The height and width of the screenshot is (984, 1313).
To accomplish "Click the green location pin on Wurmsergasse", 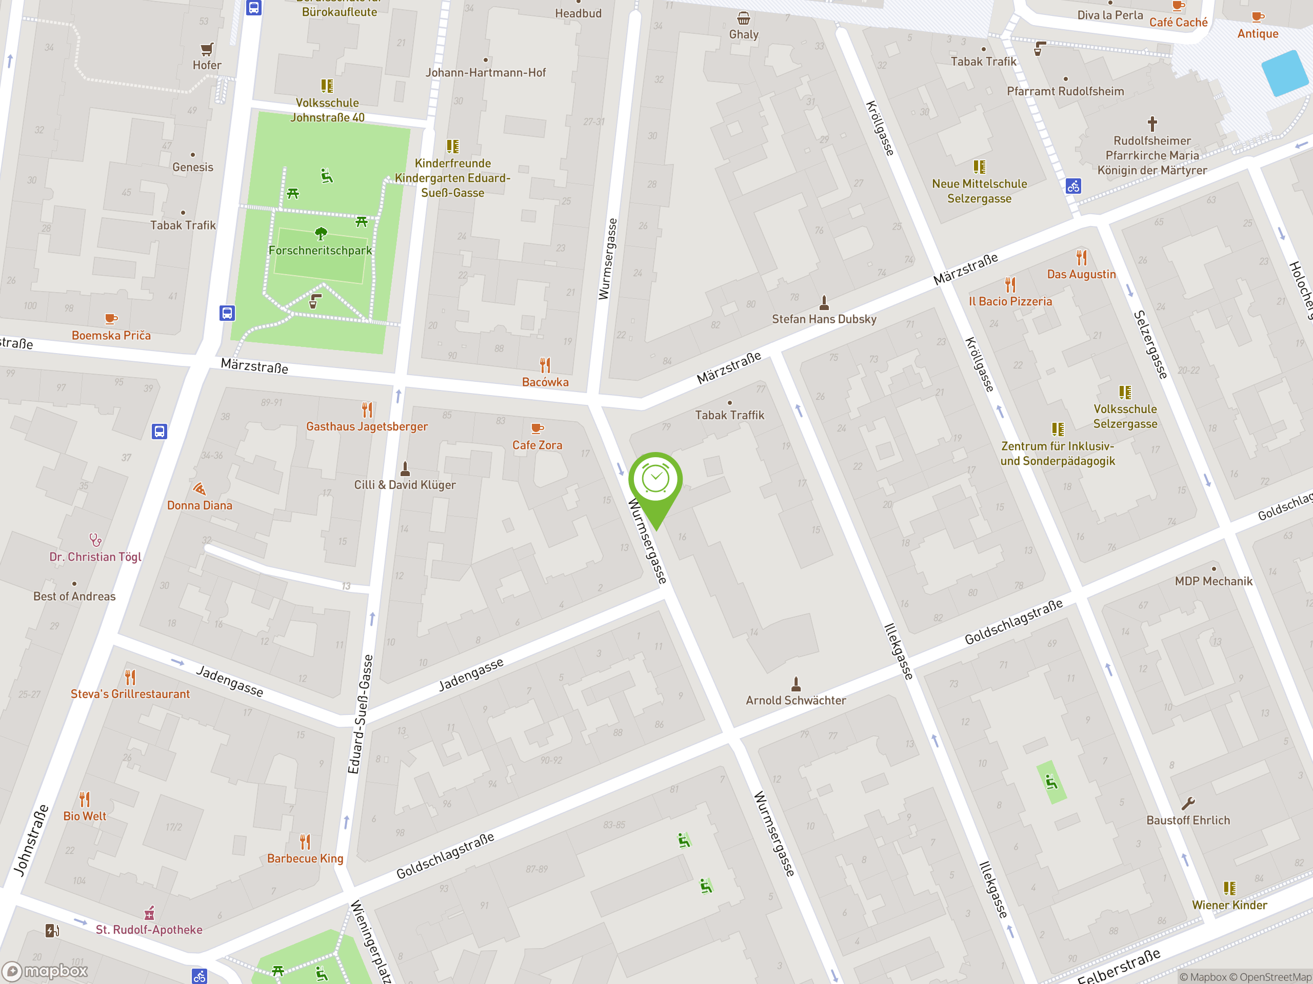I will pos(655,480).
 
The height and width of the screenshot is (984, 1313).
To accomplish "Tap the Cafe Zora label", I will pos(537,445).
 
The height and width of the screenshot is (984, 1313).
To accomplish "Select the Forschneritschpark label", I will pos(320,250).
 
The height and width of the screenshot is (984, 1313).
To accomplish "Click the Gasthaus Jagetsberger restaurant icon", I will pos(367,409).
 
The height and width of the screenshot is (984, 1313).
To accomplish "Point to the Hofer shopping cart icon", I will pos(207,49).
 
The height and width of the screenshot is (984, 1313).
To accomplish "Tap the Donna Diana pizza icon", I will pos(200,489).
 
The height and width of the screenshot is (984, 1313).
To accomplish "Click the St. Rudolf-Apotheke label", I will pos(149,930).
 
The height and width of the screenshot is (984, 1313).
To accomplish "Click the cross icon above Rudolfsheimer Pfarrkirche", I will pos(1152,124).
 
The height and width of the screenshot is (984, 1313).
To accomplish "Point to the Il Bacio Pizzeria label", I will pos(1010,301).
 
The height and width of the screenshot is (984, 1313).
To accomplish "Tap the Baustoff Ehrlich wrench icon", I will pos(1188,804).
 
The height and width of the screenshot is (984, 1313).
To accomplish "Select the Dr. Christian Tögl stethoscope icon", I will pos(95,540).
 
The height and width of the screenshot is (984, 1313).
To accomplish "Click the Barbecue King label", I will pos(305,858).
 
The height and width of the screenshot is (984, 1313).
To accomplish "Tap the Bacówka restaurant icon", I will pos(545,365).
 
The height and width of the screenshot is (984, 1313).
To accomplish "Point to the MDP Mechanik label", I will pos(1213,581).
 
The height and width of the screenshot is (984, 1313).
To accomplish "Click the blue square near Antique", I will pos(1286,73).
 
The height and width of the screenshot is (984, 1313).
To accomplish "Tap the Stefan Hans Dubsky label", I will pos(824,319).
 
